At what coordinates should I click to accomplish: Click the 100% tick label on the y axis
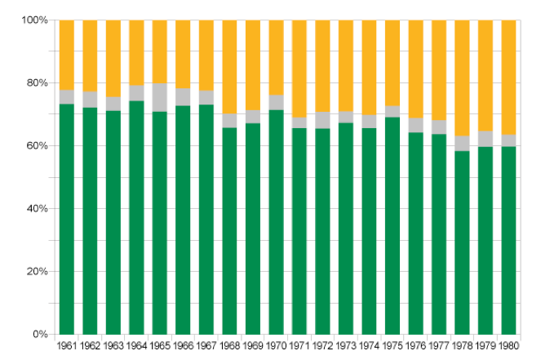point(36,20)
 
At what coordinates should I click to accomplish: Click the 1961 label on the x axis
point(67,346)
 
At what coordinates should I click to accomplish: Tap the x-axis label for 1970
point(276,346)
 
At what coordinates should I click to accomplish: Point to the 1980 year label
point(508,346)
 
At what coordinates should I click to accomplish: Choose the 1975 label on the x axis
point(392,346)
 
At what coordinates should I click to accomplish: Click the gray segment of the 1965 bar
point(160,97)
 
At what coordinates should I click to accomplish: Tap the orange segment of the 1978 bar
point(462,78)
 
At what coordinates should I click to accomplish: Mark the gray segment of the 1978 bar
point(462,143)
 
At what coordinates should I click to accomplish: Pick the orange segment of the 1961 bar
point(67,54)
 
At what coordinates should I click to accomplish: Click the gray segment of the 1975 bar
point(392,111)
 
